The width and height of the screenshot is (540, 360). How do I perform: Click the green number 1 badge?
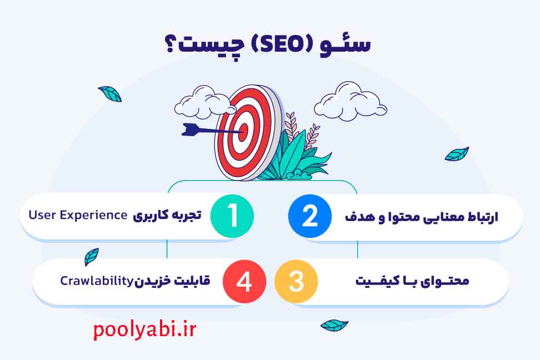(x=232, y=216)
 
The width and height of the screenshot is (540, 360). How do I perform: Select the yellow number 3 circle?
(x=296, y=281)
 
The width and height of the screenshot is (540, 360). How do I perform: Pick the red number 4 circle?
(x=244, y=282)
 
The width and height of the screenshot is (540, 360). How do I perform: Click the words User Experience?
(x=78, y=215)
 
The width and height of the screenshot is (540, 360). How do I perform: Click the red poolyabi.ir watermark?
(x=144, y=330)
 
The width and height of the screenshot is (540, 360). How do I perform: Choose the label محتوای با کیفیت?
(x=412, y=281)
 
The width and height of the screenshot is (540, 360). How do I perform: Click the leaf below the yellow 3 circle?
(x=334, y=325)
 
